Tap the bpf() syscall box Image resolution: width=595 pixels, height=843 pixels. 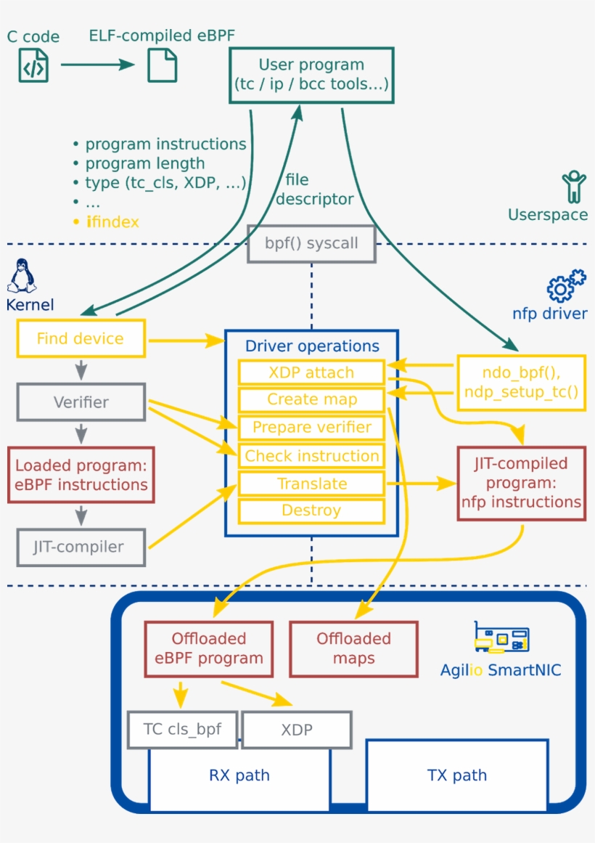click(311, 243)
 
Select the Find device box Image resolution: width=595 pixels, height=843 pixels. click(81, 338)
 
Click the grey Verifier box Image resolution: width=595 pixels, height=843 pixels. click(81, 402)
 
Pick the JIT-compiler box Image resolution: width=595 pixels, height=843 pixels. click(81, 547)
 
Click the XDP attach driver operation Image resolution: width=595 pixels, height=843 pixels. click(311, 372)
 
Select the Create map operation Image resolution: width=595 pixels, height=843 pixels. click(311, 399)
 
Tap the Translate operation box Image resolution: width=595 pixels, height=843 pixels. click(311, 484)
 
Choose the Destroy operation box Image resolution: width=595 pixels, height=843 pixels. click(311, 510)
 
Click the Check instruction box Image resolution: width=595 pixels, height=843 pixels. click(311, 456)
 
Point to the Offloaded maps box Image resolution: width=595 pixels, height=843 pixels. click(353, 648)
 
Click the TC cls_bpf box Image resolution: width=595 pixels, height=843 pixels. click(182, 729)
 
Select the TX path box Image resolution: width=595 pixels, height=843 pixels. click(457, 775)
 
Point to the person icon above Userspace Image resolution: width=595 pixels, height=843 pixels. click(574, 187)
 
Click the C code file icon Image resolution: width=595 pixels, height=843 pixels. click(33, 65)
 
